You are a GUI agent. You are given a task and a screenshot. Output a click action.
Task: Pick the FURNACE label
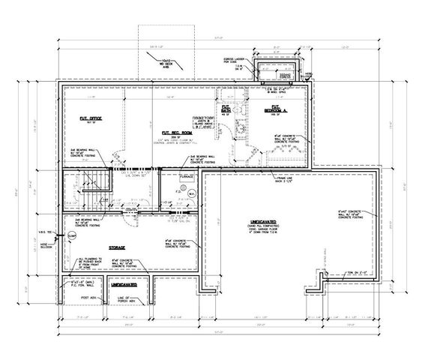tap(187, 177)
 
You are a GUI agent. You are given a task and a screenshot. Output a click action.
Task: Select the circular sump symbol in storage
tap(71, 235)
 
